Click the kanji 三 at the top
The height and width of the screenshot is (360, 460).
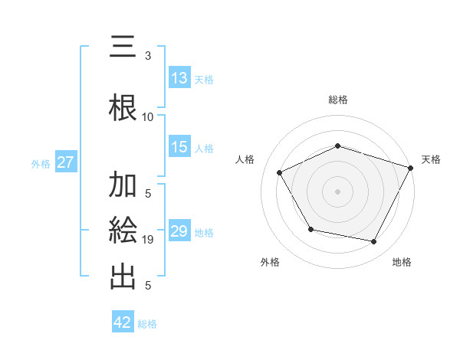click(123, 48)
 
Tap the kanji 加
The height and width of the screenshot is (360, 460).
click(123, 186)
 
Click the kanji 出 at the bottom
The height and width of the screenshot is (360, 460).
click(123, 276)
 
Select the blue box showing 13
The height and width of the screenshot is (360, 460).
click(179, 78)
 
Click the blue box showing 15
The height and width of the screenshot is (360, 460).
click(179, 147)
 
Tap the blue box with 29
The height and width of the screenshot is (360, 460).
click(179, 231)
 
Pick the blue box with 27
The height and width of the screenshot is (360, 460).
click(65, 162)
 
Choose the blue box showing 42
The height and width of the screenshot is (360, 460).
click(123, 322)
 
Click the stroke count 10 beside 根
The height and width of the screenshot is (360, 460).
click(148, 117)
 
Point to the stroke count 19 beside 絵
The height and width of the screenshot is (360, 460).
click(148, 240)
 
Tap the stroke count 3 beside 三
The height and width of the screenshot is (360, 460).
click(148, 56)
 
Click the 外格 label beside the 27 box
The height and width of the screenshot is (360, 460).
click(41, 163)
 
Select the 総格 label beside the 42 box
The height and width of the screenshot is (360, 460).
click(147, 323)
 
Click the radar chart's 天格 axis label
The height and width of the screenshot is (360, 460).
click(431, 159)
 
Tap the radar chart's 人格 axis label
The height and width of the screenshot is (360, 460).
click(245, 159)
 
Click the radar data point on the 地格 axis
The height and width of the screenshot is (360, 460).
click(374, 242)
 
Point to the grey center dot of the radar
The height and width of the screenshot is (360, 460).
click(337, 191)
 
